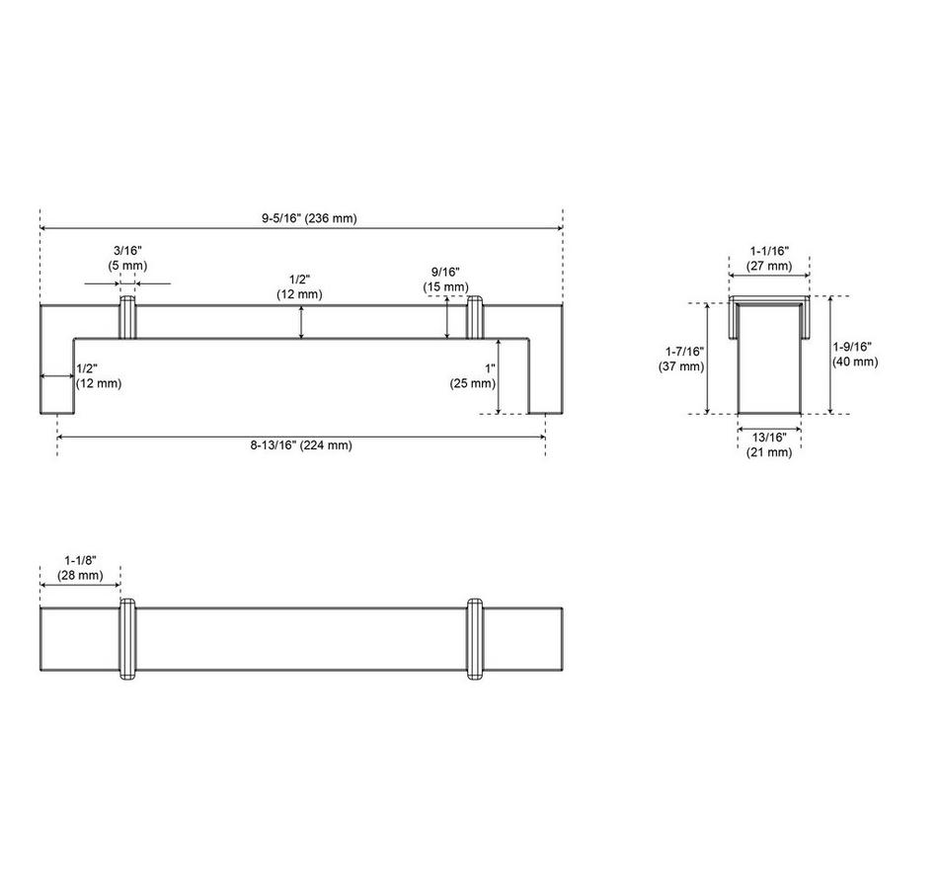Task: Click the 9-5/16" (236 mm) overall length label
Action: pos(309,218)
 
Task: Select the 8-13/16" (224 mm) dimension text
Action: pos(301,445)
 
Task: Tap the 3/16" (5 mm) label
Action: pos(127,258)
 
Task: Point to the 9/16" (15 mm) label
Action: pos(445,280)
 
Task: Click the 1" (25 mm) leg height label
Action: pos(473,376)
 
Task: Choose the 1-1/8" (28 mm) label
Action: pos(80,568)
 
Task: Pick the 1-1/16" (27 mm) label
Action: pos(769,259)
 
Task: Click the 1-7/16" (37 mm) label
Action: pos(682,360)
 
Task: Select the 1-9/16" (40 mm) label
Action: pos(855,355)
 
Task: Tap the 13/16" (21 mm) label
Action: pos(769,444)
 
